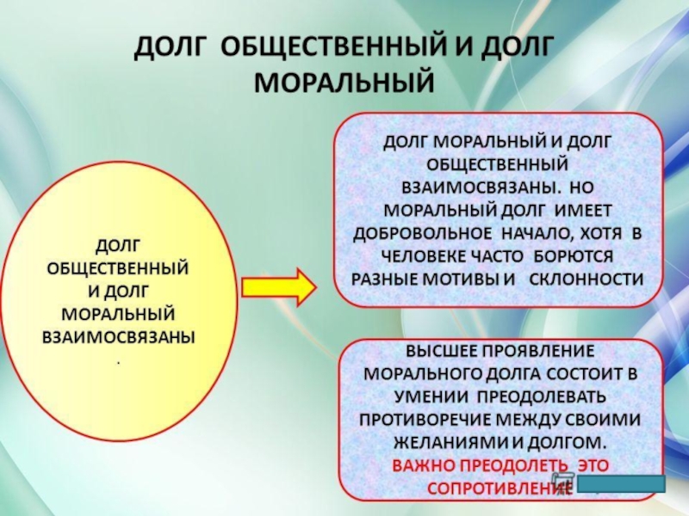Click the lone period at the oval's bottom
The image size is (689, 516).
(x=119, y=360)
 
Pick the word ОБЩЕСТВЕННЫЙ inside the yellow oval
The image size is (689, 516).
(x=120, y=267)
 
